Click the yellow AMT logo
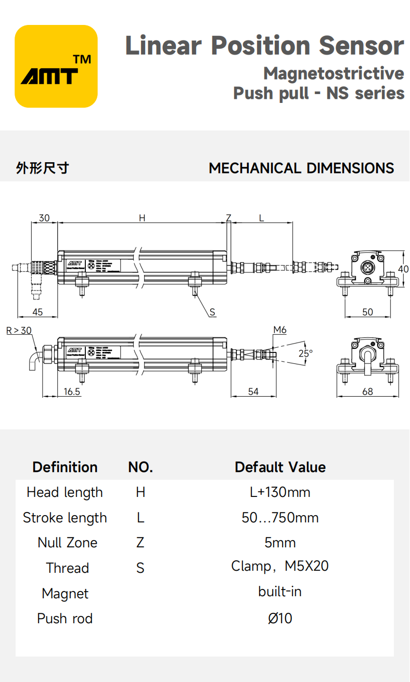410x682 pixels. (56, 67)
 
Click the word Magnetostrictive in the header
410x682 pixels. (333, 73)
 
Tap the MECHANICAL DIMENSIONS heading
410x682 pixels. (301, 168)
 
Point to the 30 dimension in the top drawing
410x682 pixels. (44, 218)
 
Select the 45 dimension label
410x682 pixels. (37, 312)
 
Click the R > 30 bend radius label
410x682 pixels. (19, 330)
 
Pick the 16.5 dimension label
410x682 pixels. (72, 391)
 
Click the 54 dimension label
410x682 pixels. (253, 391)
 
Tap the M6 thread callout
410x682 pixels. (280, 330)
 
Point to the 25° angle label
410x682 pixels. (305, 353)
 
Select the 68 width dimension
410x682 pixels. (367, 391)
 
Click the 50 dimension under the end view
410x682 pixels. (367, 312)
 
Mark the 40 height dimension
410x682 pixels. (403, 269)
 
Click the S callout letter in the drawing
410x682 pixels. (212, 312)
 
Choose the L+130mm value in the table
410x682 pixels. (280, 492)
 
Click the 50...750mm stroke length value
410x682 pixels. (280, 518)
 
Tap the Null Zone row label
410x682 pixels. (67, 543)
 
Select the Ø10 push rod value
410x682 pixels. (280, 618)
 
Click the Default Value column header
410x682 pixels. (280, 467)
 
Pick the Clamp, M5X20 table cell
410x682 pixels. (280, 566)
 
